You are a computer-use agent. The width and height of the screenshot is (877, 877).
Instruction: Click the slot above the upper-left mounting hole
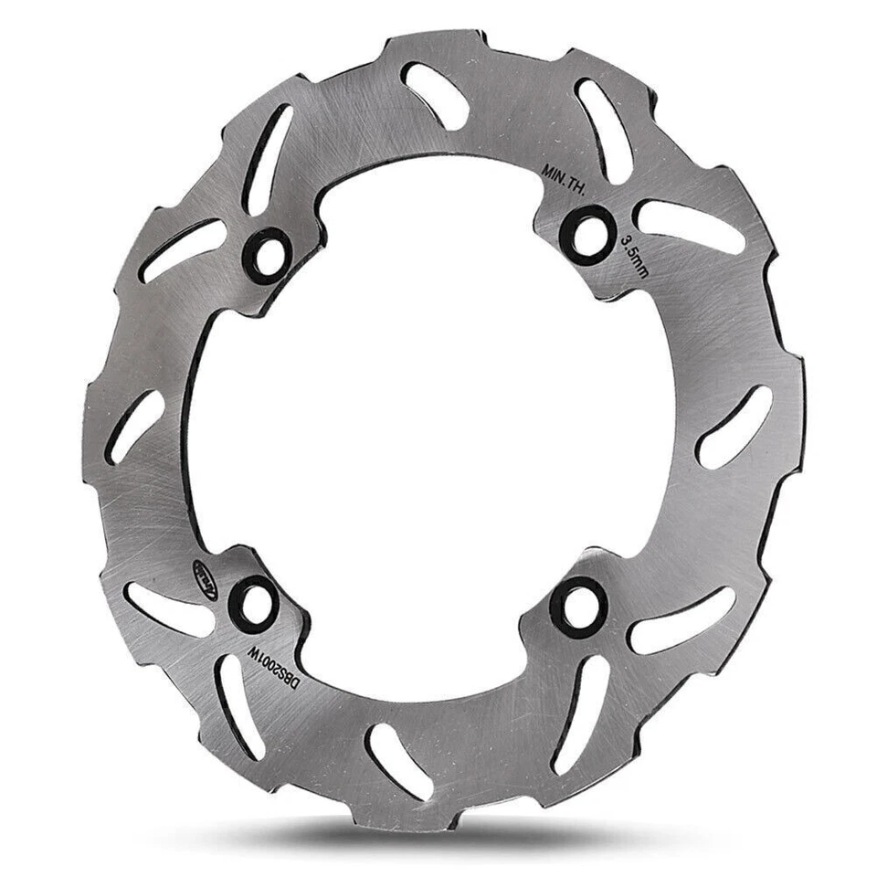(269, 157)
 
